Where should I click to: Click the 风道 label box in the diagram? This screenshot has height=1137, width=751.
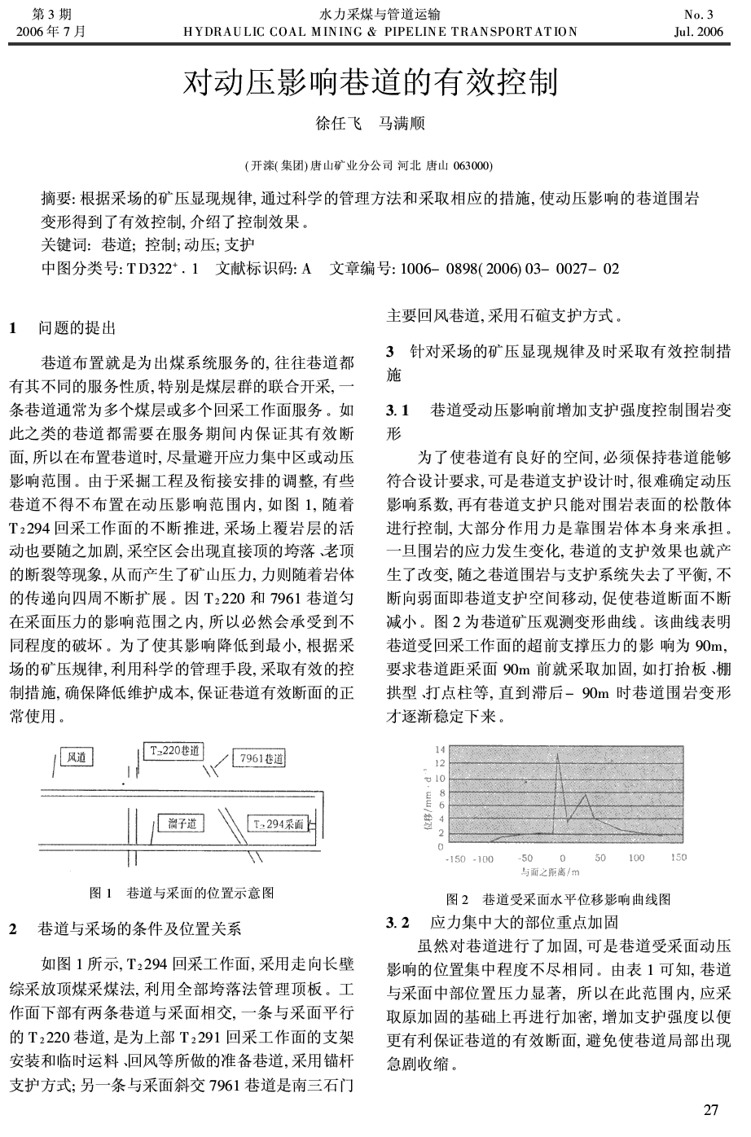click(77, 757)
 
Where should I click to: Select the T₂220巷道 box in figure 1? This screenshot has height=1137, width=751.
click(173, 751)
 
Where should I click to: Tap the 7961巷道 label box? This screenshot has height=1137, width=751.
click(260, 759)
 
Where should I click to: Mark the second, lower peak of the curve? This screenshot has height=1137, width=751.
click(585, 795)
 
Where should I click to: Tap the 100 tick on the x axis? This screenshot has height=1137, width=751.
click(636, 858)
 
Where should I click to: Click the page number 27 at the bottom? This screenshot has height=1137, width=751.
click(711, 1110)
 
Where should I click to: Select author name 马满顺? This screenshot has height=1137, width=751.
click(402, 125)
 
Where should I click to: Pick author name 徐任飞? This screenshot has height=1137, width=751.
click(339, 125)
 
